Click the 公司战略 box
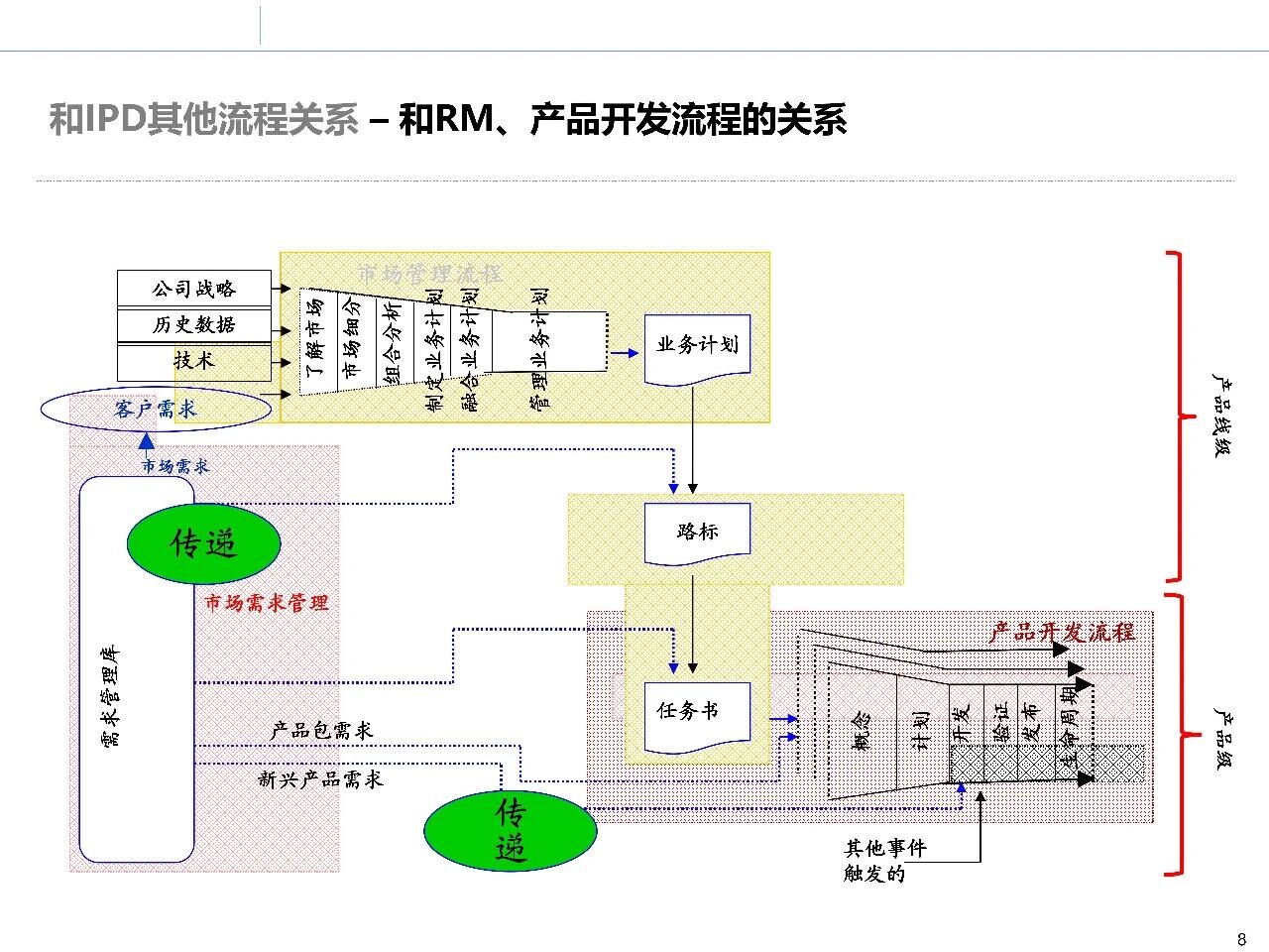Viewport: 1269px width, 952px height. tap(193, 289)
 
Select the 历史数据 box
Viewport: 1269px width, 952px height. tap(193, 324)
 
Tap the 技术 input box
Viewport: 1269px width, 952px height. tap(193, 360)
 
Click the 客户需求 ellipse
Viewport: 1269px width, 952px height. tap(156, 409)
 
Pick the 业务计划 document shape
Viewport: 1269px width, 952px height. tap(697, 347)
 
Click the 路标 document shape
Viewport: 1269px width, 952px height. tap(697, 533)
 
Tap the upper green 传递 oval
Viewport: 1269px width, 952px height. tap(203, 543)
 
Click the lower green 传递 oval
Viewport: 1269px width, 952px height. tap(510, 831)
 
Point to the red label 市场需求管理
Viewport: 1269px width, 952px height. tap(267, 603)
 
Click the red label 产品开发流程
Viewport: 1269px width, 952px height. tap(1062, 632)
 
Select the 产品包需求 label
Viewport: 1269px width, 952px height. tap(322, 731)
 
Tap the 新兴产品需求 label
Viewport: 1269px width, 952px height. tap(320, 779)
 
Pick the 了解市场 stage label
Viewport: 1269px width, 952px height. tap(314, 337)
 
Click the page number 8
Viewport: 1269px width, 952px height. tap(1242, 939)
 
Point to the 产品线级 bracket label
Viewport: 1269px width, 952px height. tap(1222, 415)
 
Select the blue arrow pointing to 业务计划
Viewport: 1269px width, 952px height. tap(625, 352)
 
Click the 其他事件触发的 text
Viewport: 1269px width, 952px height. tap(884, 861)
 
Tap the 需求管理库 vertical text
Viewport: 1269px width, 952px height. tap(112, 695)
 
